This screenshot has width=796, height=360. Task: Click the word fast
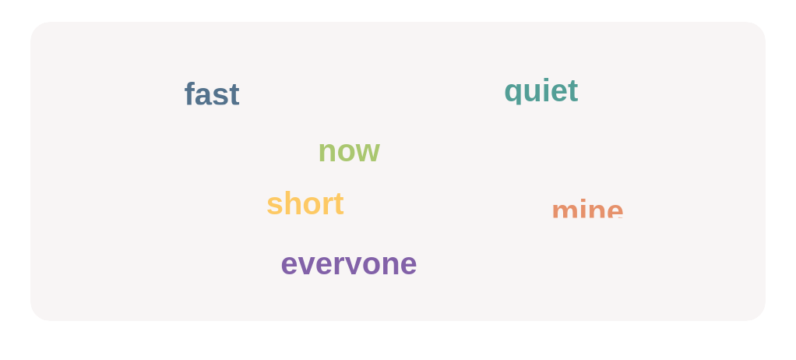[211, 94]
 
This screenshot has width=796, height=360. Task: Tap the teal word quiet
[541, 91]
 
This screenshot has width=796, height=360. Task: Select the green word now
[348, 150]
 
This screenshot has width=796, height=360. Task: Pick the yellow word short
[305, 204]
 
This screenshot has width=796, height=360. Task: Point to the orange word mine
[586, 210]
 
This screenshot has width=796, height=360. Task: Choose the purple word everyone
[348, 263]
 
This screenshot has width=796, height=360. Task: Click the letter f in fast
[189, 94]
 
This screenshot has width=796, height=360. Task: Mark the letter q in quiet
[512, 93]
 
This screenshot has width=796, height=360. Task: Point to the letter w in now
[367, 152]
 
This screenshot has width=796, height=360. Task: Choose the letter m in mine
[564, 212]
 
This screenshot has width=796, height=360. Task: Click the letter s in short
[273, 206]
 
